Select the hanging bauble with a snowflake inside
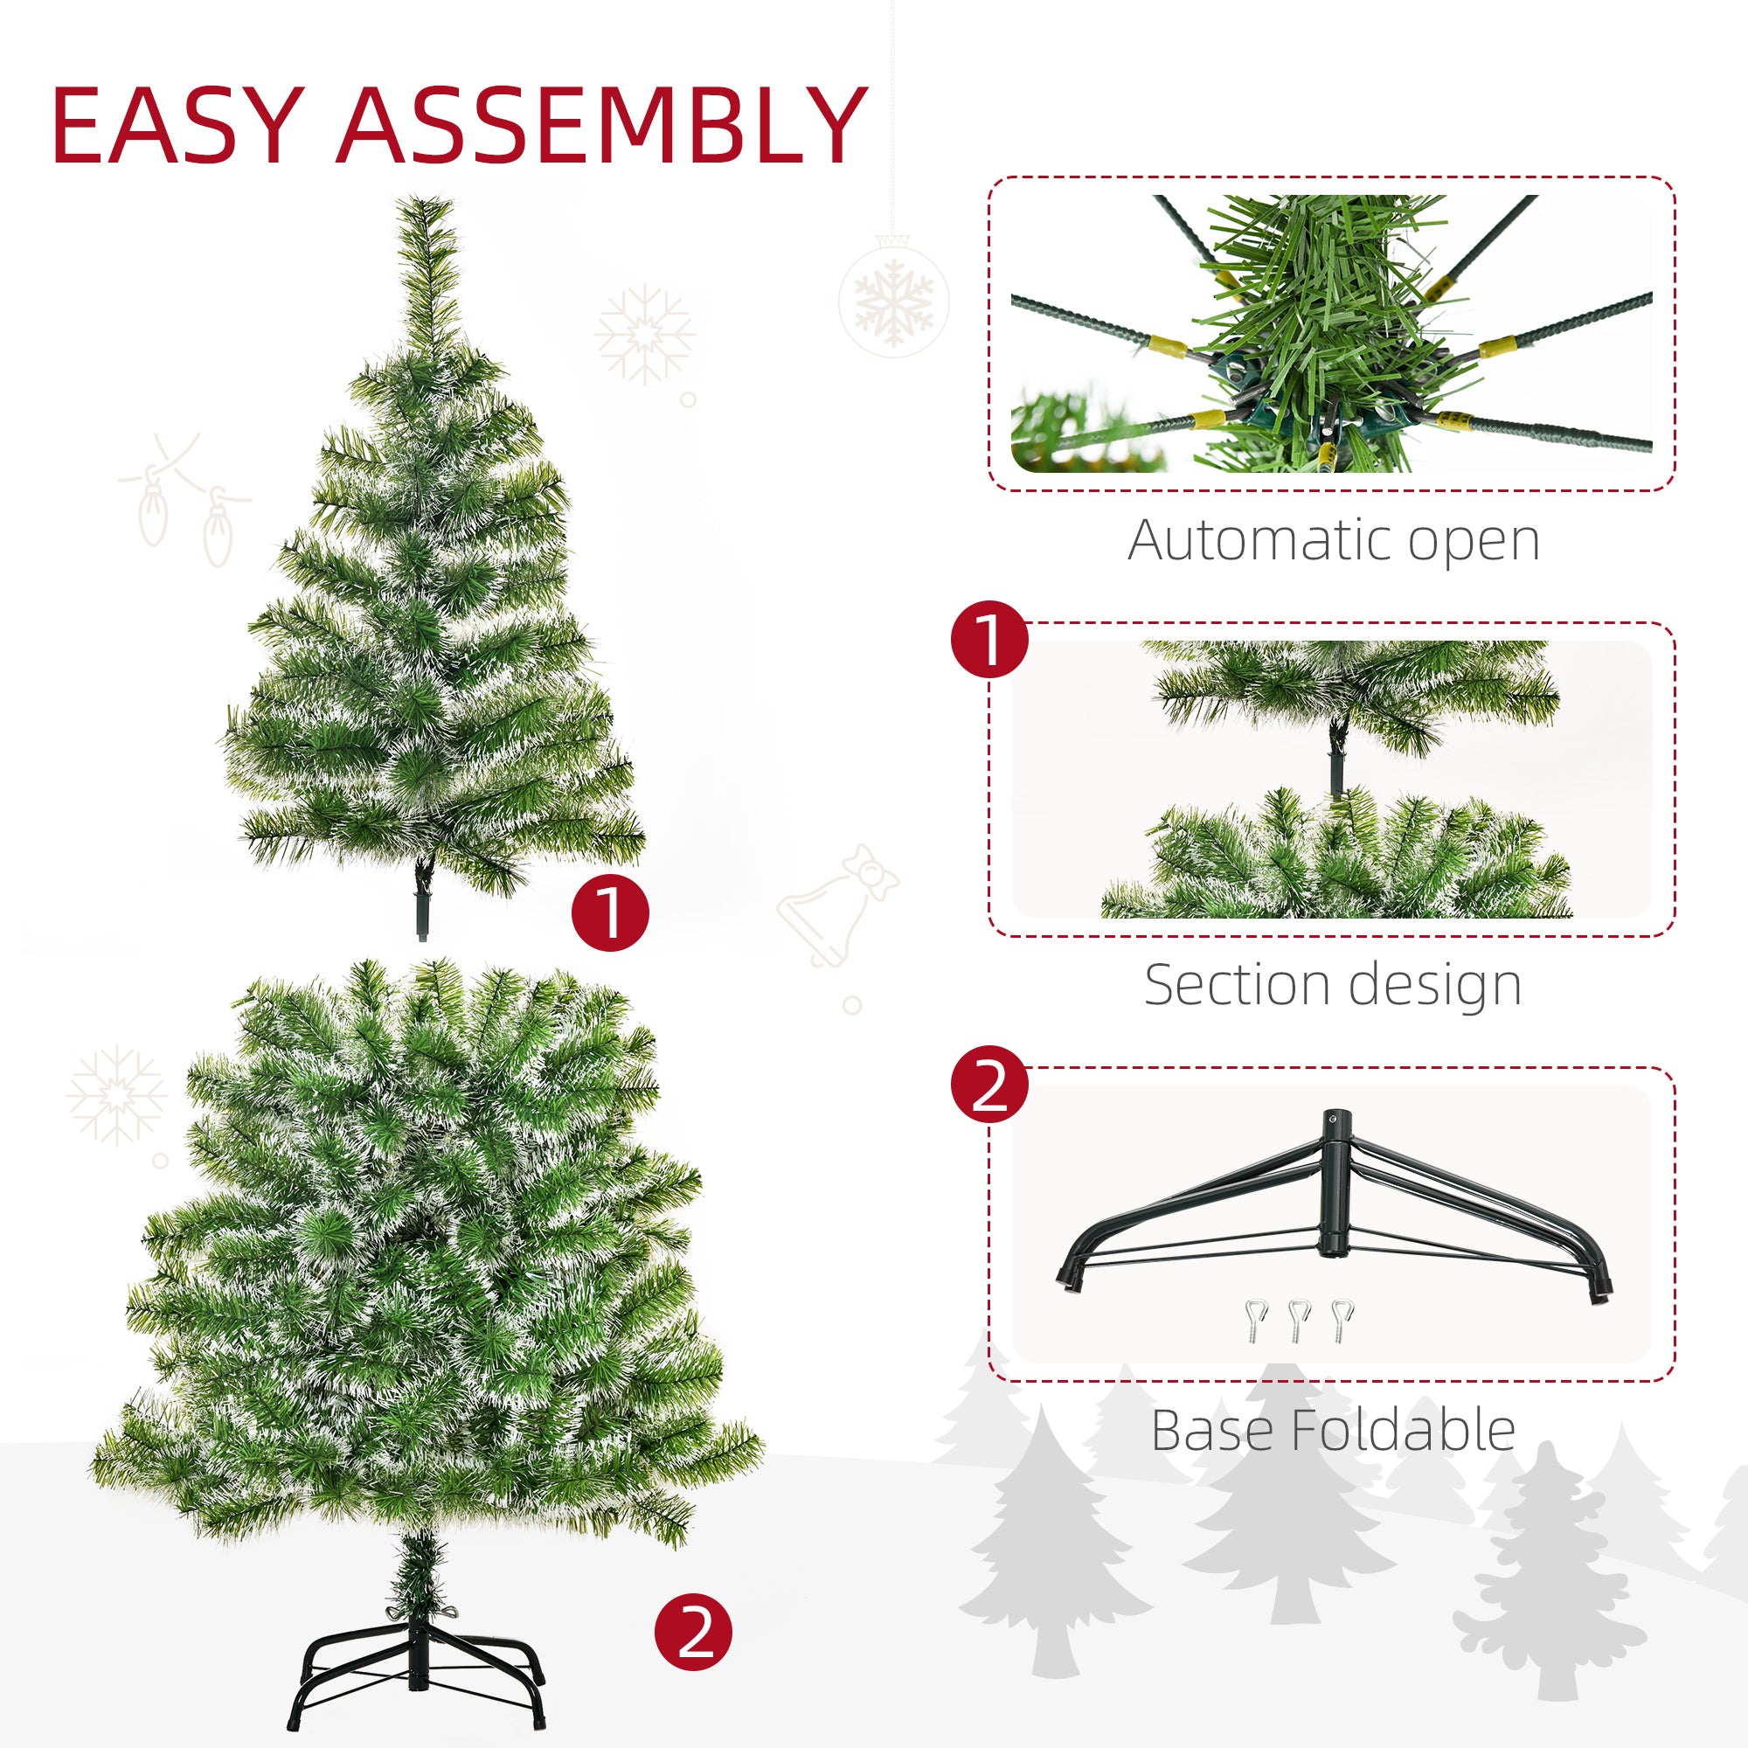pos(894,297)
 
